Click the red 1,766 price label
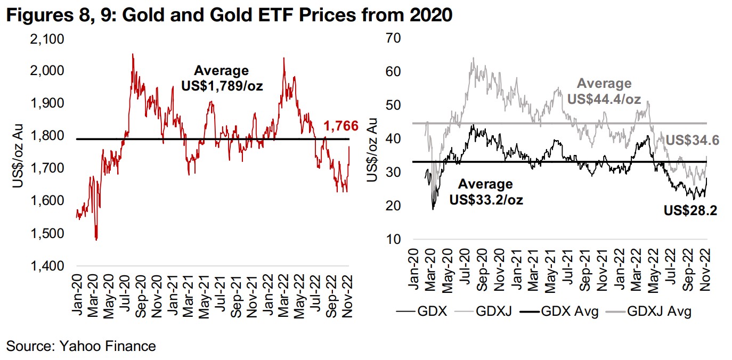tap(341, 126)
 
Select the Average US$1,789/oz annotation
tap(221, 78)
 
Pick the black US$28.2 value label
tap(690, 210)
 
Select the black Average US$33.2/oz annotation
tap(485, 192)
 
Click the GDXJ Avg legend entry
tap(659, 311)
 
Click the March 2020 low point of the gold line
tap(96, 240)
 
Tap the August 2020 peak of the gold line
tap(132, 54)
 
